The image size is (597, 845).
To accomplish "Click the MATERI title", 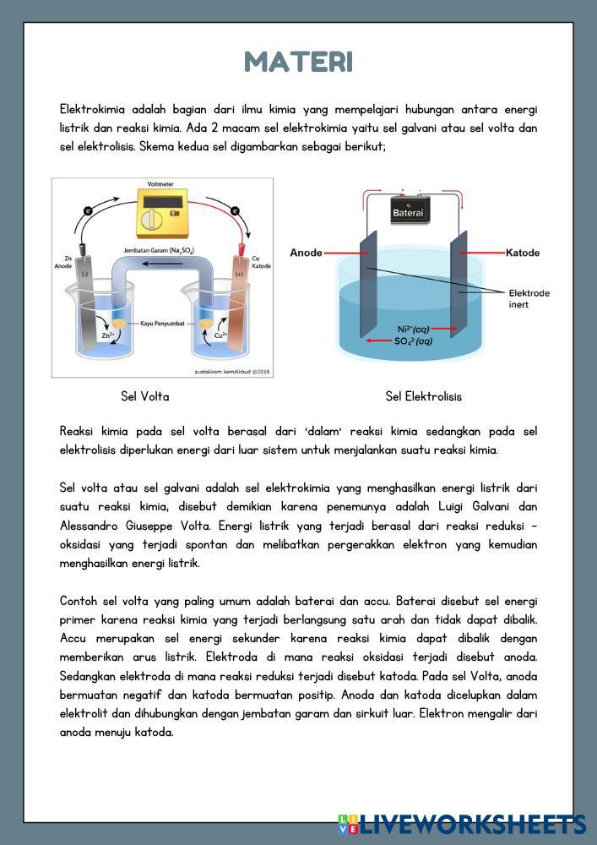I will pyautogui.click(x=298, y=62).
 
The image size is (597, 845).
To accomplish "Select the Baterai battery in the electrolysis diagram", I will pyautogui.click(x=407, y=211).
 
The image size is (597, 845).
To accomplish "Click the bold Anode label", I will pyautogui.click(x=306, y=253).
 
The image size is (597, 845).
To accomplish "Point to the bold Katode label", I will pyautogui.click(x=523, y=253).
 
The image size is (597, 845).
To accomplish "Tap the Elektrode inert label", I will pyautogui.click(x=529, y=299).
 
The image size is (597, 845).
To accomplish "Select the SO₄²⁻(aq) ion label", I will pyautogui.click(x=414, y=341).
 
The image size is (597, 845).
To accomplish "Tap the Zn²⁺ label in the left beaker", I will pyautogui.click(x=108, y=335).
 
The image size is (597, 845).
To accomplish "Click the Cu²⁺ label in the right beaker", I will pyautogui.click(x=221, y=335).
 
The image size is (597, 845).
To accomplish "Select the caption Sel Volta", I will pyautogui.click(x=145, y=396).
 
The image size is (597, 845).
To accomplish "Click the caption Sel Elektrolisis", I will pyautogui.click(x=423, y=396).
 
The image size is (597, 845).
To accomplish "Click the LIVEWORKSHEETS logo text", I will pyautogui.click(x=473, y=824).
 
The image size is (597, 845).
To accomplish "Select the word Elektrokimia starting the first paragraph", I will pyautogui.click(x=90, y=110).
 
